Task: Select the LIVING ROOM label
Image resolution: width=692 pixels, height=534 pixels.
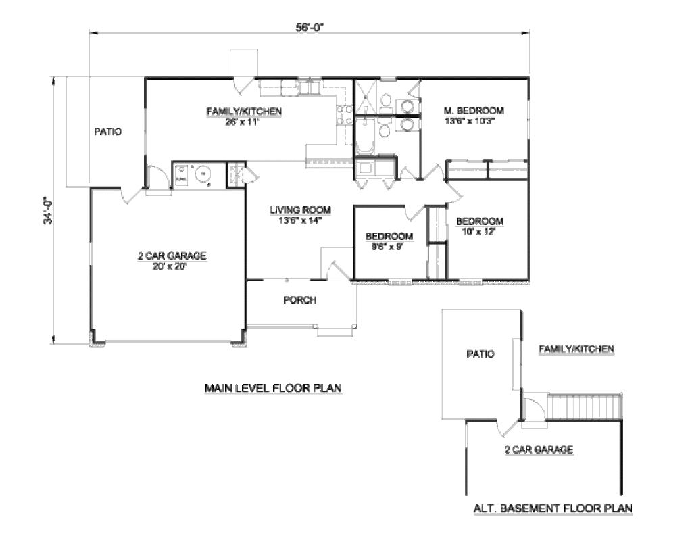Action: [x=293, y=210]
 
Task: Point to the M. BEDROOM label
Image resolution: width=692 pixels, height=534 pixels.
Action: [x=474, y=111]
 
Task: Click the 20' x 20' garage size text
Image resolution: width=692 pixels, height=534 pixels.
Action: [x=172, y=266]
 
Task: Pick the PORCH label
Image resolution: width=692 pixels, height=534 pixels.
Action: [x=299, y=300]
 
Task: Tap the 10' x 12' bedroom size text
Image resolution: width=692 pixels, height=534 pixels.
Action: [x=479, y=232]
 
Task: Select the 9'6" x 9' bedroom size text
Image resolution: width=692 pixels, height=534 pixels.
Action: [x=389, y=247]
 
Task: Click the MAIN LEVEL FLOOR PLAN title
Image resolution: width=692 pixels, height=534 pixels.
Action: [x=272, y=388]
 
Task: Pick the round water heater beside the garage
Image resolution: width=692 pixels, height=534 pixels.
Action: [x=202, y=175]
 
